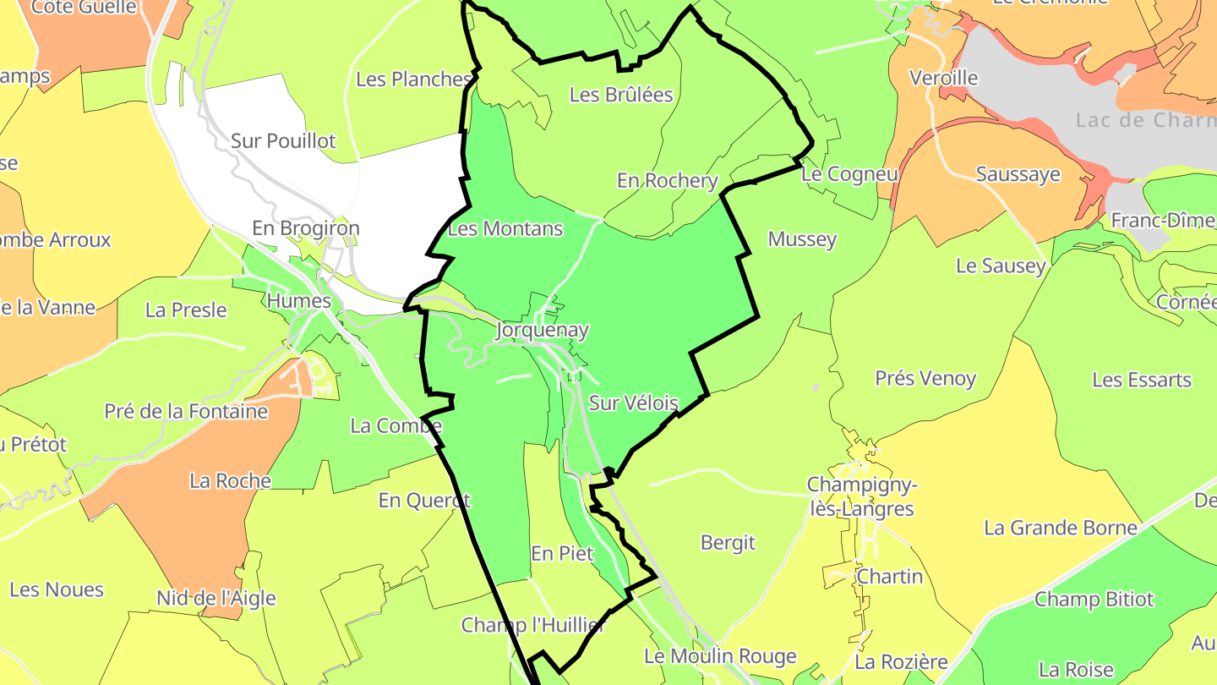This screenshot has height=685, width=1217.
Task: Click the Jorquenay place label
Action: point(543,331)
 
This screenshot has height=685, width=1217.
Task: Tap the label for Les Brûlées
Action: point(621,95)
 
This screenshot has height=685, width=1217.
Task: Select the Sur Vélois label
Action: point(633,403)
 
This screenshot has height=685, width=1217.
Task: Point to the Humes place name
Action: point(299,300)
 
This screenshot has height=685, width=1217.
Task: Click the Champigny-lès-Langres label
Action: point(860,496)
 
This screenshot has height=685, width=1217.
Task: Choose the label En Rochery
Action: point(667,180)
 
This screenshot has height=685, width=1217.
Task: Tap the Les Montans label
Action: point(505,229)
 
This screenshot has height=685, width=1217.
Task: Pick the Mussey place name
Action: point(802,239)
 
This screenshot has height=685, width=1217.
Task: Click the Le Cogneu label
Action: point(849,174)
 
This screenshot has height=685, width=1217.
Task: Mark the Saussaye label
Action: point(1018,174)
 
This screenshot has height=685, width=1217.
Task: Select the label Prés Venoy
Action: point(925,378)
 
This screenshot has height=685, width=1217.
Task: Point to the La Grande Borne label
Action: point(1061,529)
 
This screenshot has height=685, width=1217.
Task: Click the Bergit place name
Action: point(728,542)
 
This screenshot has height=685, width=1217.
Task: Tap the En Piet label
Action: point(562,554)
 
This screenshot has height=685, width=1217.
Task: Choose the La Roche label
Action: point(230,481)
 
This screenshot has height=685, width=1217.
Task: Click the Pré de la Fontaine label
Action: point(186,412)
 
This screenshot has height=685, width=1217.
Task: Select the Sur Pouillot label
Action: point(283,141)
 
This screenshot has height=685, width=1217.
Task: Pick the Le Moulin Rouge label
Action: point(720,656)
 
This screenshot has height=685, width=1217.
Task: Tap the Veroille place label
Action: point(943,78)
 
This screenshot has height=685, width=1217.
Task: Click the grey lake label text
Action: point(1145,120)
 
